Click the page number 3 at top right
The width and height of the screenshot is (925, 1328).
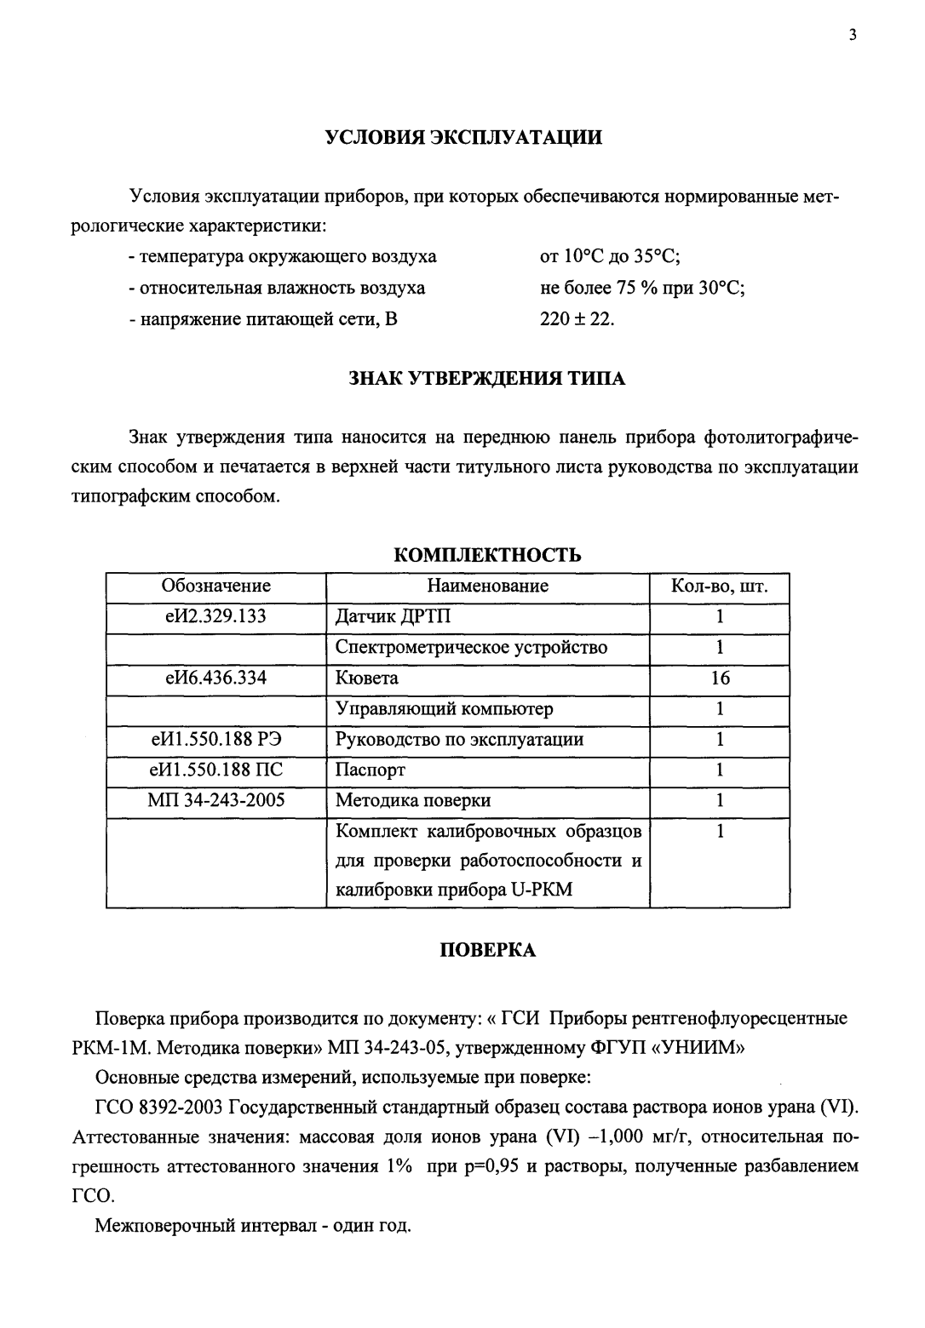[x=852, y=35]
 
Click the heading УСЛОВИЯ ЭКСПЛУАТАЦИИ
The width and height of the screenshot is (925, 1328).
[x=463, y=138]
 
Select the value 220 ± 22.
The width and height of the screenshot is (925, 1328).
[x=577, y=319]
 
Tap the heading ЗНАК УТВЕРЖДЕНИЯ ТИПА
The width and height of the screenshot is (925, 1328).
[x=486, y=379]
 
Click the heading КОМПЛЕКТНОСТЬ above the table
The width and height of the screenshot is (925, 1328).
[x=487, y=555]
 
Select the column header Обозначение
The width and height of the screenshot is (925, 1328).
[x=216, y=586]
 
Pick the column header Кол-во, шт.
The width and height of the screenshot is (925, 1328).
[x=720, y=587]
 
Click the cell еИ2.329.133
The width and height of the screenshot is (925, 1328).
[x=216, y=616]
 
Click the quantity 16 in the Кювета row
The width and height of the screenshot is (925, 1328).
[x=720, y=678]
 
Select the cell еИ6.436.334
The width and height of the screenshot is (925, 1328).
[x=216, y=678]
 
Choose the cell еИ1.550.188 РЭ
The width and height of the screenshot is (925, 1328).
[x=216, y=739]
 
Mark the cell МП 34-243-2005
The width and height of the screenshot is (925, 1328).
[x=216, y=800]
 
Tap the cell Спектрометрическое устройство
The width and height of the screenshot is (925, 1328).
[x=471, y=647]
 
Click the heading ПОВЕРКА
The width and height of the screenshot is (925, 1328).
[x=487, y=950]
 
